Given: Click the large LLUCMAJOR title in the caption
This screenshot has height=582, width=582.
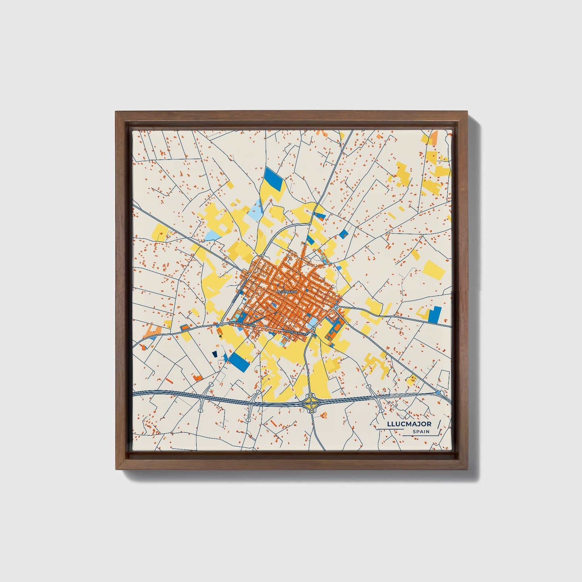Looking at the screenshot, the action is (x=409, y=424).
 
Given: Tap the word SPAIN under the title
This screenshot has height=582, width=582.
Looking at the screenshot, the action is (x=420, y=432).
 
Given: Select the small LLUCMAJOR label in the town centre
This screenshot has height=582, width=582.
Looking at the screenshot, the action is (x=287, y=290).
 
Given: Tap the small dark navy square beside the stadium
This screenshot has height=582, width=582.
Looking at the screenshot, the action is (x=215, y=354).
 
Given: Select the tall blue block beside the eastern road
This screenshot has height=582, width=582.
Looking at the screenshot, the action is (x=435, y=314).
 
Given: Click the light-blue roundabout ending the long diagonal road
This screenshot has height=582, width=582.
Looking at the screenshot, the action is (x=438, y=392).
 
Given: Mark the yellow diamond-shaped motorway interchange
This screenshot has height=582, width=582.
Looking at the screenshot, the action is (x=311, y=402).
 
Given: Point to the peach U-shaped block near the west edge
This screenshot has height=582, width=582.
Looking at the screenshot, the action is (x=153, y=332).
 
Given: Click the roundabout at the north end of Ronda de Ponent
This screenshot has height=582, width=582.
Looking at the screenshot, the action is (x=261, y=256).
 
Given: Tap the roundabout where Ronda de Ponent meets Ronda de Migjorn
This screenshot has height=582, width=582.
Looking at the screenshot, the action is (x=222, y=324).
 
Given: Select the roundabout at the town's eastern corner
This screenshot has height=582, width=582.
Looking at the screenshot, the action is (x=336, y=307).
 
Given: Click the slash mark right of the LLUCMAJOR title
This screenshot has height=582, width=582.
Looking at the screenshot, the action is (x=439, y=425).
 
